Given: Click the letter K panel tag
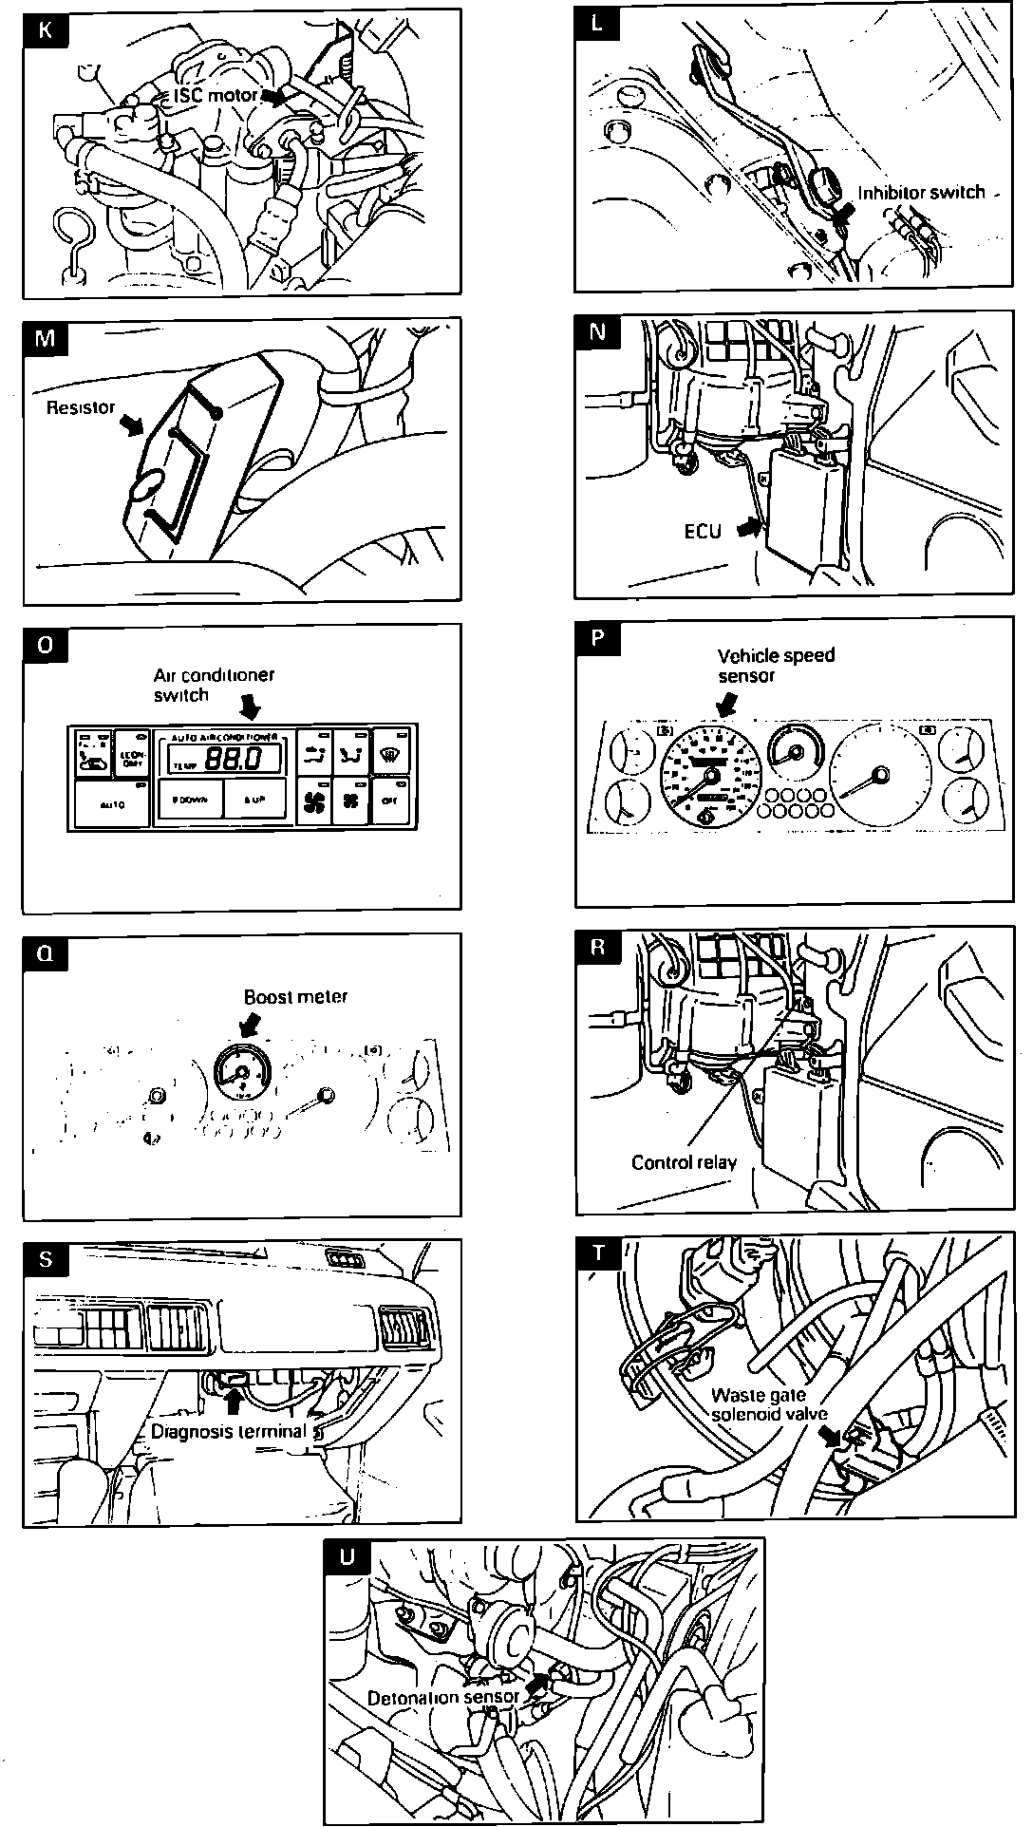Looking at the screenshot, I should [x=45, y=28].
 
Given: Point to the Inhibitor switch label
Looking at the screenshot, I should [x=921, y=193].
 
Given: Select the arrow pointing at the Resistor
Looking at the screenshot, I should [x=132, y=427].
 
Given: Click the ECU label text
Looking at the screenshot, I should [x=704, y=531].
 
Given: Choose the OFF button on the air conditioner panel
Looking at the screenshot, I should [x=388, y=801].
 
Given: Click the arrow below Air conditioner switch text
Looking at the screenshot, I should [x=251, y=706].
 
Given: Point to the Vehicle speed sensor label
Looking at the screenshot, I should [x=776, y=665].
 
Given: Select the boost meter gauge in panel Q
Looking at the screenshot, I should [x=240, y=1073].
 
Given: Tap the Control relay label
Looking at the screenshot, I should [x=684, y=1161].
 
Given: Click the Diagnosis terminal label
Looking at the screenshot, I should [x=228, y=1430].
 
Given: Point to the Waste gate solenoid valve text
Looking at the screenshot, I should [x=760, y=1404].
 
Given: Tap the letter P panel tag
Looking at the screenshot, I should [x=597, y=638].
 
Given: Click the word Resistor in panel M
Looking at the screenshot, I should [x=81, y=407].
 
